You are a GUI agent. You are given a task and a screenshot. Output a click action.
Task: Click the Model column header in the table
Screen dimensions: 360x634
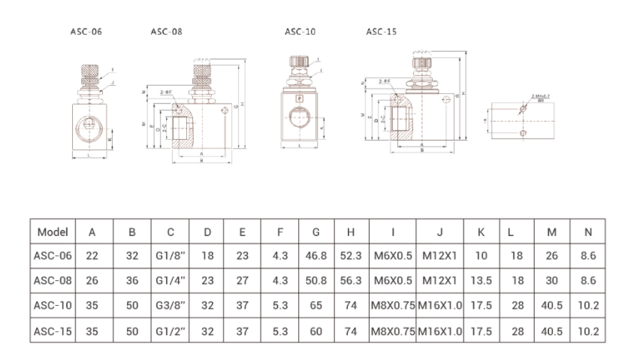coord(53,232)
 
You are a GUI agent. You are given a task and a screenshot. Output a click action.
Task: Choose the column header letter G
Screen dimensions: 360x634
coord(316,232)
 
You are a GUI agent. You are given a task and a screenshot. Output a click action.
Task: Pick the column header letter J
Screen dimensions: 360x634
coord(439,232)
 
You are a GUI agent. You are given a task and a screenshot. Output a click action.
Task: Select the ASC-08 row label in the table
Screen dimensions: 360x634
coord(53,280)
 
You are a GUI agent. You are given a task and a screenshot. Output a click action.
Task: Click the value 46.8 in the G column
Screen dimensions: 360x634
coord(316,256)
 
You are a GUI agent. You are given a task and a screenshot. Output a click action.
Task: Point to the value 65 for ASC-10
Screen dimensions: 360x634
coord(316,305)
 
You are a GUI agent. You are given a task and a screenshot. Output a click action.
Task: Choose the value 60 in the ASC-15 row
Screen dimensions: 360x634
coord(316,330)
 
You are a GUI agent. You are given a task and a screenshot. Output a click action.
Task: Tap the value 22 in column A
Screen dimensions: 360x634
coord(92,256)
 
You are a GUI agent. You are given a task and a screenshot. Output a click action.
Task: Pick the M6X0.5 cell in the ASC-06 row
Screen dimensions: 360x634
coord(393,256)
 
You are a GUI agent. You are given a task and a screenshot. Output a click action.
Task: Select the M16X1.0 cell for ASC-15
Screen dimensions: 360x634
coord(439,330)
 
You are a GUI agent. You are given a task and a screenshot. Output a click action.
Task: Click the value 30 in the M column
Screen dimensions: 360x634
coord(552,280)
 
